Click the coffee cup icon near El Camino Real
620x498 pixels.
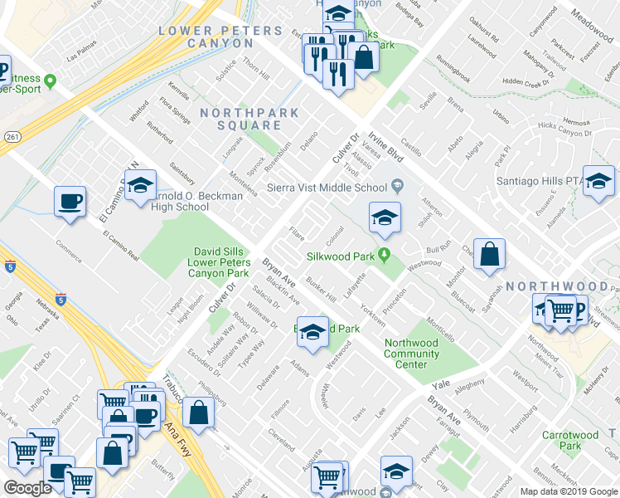(69, 201)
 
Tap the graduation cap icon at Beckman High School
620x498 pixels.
(140, 183)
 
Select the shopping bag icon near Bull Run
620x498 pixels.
(490, 255)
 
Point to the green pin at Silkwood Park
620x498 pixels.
(384, 255)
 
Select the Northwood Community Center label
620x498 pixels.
(411, 354)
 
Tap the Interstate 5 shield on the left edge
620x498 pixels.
(8, 266)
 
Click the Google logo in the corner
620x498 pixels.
(27, 488)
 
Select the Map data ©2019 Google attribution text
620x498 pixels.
(568, 491)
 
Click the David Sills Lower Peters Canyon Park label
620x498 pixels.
(221, 261)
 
